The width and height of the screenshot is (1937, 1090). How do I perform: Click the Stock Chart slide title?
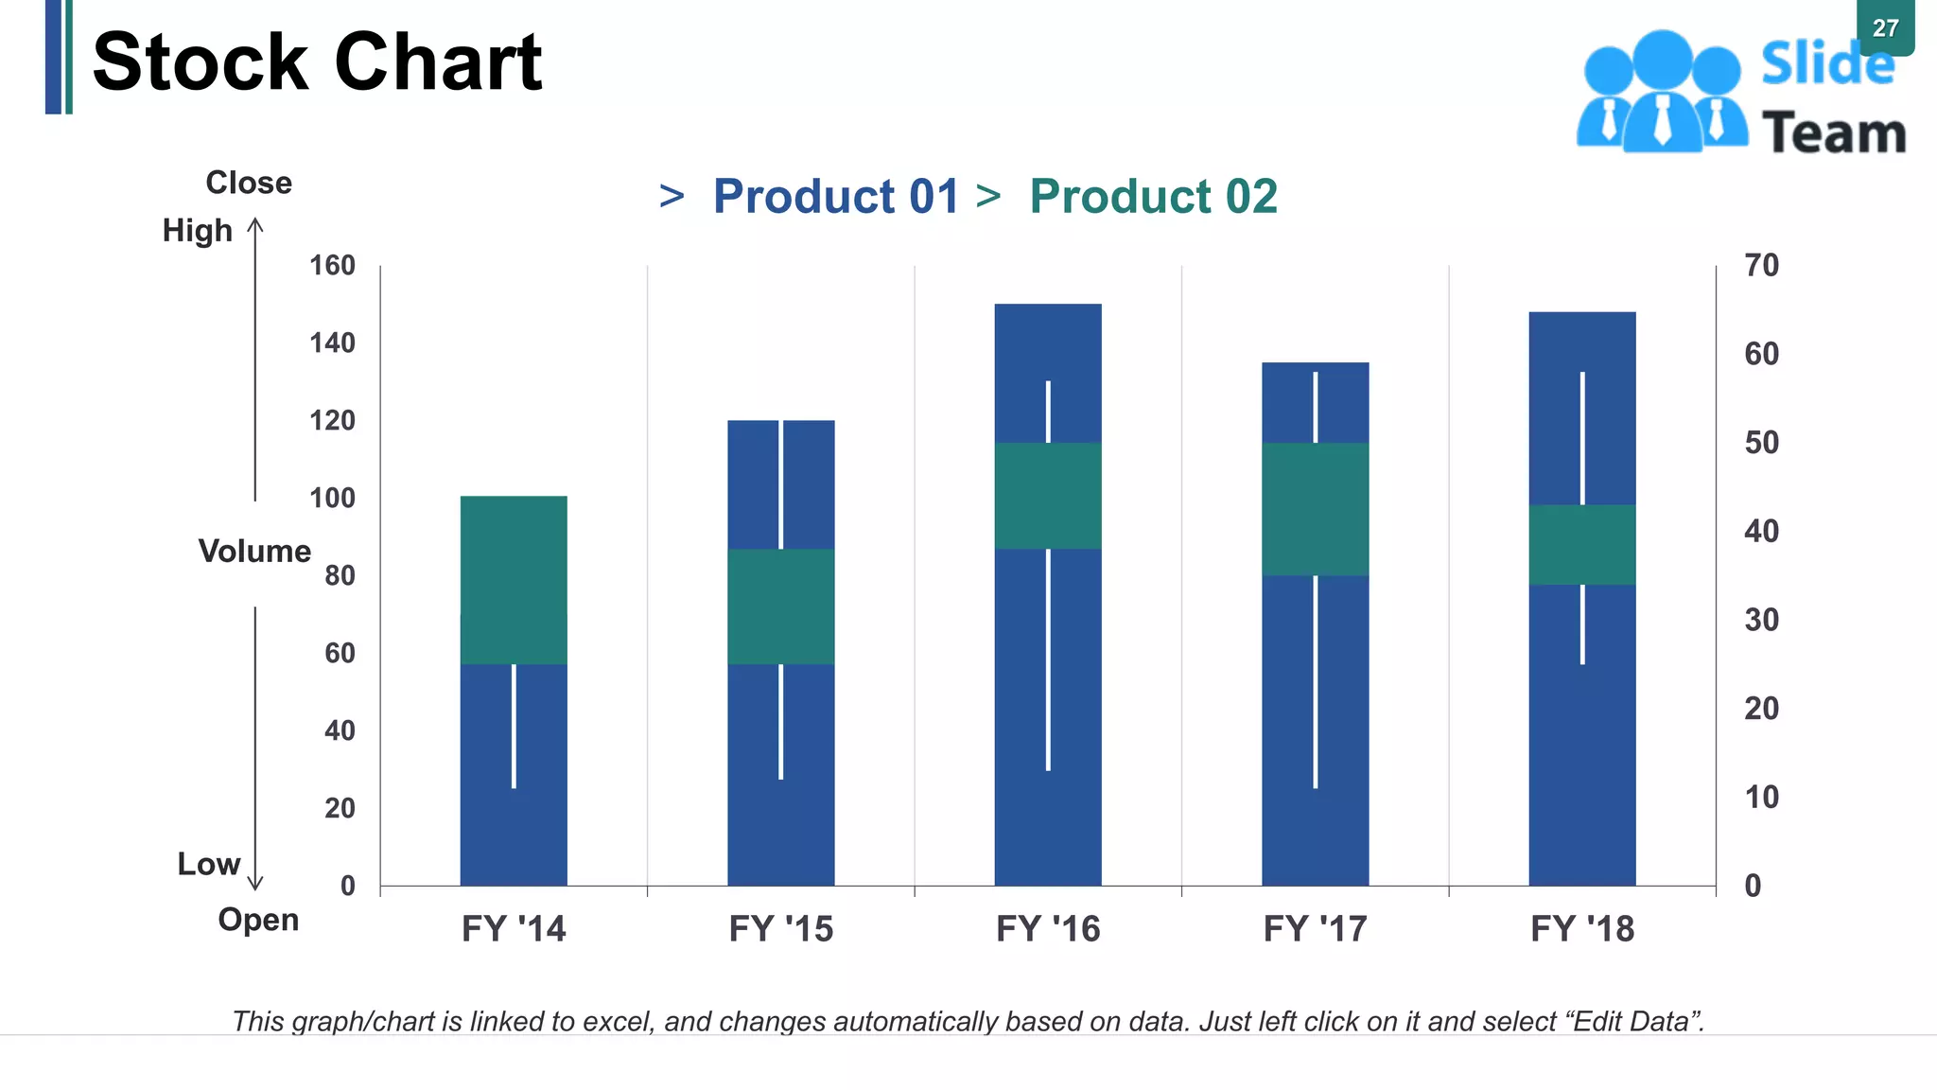(x=317, y=62)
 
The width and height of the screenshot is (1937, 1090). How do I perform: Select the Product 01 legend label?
(x=835, y=197)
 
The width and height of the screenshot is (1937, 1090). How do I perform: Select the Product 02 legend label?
(x=1153, y=197)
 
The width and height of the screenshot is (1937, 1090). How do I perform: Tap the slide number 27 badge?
(x=1885, y=27)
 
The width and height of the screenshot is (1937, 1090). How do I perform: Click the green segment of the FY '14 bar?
(x=514, y=579)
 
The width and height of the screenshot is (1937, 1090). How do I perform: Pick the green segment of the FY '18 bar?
(x=1581, y=544)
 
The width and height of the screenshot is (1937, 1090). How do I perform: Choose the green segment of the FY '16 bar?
(x=1048, y=496)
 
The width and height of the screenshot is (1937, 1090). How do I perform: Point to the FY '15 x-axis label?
(x=780, y=928)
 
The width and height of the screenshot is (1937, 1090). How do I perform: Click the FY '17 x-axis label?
(x=1315, y=928)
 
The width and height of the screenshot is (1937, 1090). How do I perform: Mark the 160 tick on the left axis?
(x=332, y=265)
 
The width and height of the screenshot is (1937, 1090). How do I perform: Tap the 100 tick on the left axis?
(x=332, y=498)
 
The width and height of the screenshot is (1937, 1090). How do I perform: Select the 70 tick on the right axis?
(x=1761, y=265)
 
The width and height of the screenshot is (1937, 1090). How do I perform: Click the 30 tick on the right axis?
(x=1761, y=620)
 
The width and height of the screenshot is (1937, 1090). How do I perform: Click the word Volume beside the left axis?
(x=254, y=551)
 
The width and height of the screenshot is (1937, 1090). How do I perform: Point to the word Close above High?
(x=249, y=183)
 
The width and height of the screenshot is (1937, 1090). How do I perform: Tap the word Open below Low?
(x=258, y=919)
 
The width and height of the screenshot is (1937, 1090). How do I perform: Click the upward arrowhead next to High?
(x=255, y=224)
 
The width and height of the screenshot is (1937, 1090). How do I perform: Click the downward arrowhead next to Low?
(x=255, y=884)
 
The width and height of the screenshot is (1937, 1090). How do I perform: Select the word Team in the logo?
(x=1833, y=132)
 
